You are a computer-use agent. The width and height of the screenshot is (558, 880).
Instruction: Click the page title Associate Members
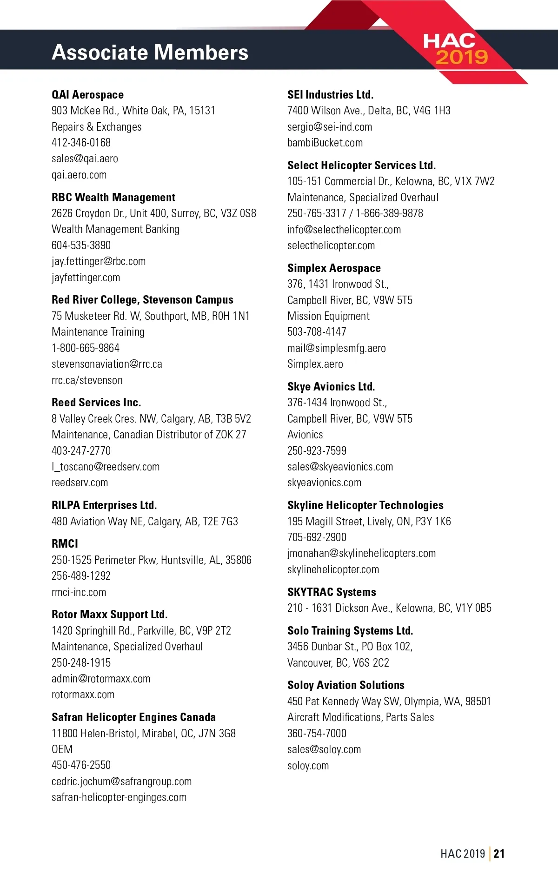pos(150,52)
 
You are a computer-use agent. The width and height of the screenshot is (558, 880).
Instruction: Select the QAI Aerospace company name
pos(87,95)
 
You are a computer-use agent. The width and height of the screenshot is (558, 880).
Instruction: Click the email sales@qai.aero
pos(85,159)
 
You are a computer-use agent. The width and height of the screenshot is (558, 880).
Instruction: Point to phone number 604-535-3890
pos(81,245)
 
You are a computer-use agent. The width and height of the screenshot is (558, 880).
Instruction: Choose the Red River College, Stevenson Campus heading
pos(142,300)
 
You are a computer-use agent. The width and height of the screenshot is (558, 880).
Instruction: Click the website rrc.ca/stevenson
pos(87,380)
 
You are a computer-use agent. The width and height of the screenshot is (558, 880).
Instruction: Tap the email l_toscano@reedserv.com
pos(106,466)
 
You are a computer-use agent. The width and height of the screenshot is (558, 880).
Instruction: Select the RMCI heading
pos(65,543)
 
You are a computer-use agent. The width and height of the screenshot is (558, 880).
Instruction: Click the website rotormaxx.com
pos(83,694)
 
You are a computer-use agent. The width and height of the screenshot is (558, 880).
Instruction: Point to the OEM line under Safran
pos(62,749)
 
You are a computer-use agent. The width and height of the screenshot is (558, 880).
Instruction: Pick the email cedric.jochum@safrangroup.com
pos(121,781)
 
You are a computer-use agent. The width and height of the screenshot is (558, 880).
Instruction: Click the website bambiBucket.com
pos(325,143)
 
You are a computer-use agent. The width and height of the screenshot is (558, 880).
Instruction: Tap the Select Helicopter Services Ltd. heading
pos(361,165)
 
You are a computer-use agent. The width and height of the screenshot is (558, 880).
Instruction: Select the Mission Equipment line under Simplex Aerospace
pos(328,316)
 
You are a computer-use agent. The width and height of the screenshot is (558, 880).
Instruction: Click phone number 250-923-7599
pos(317,450)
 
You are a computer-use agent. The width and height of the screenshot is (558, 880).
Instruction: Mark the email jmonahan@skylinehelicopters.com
pos(361,553)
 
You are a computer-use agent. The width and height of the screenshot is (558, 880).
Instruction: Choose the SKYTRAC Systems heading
pos(332,592)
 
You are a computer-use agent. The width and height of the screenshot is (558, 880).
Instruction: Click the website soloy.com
pos(308,765)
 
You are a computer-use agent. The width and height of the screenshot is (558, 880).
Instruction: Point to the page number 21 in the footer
pos(499,854)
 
